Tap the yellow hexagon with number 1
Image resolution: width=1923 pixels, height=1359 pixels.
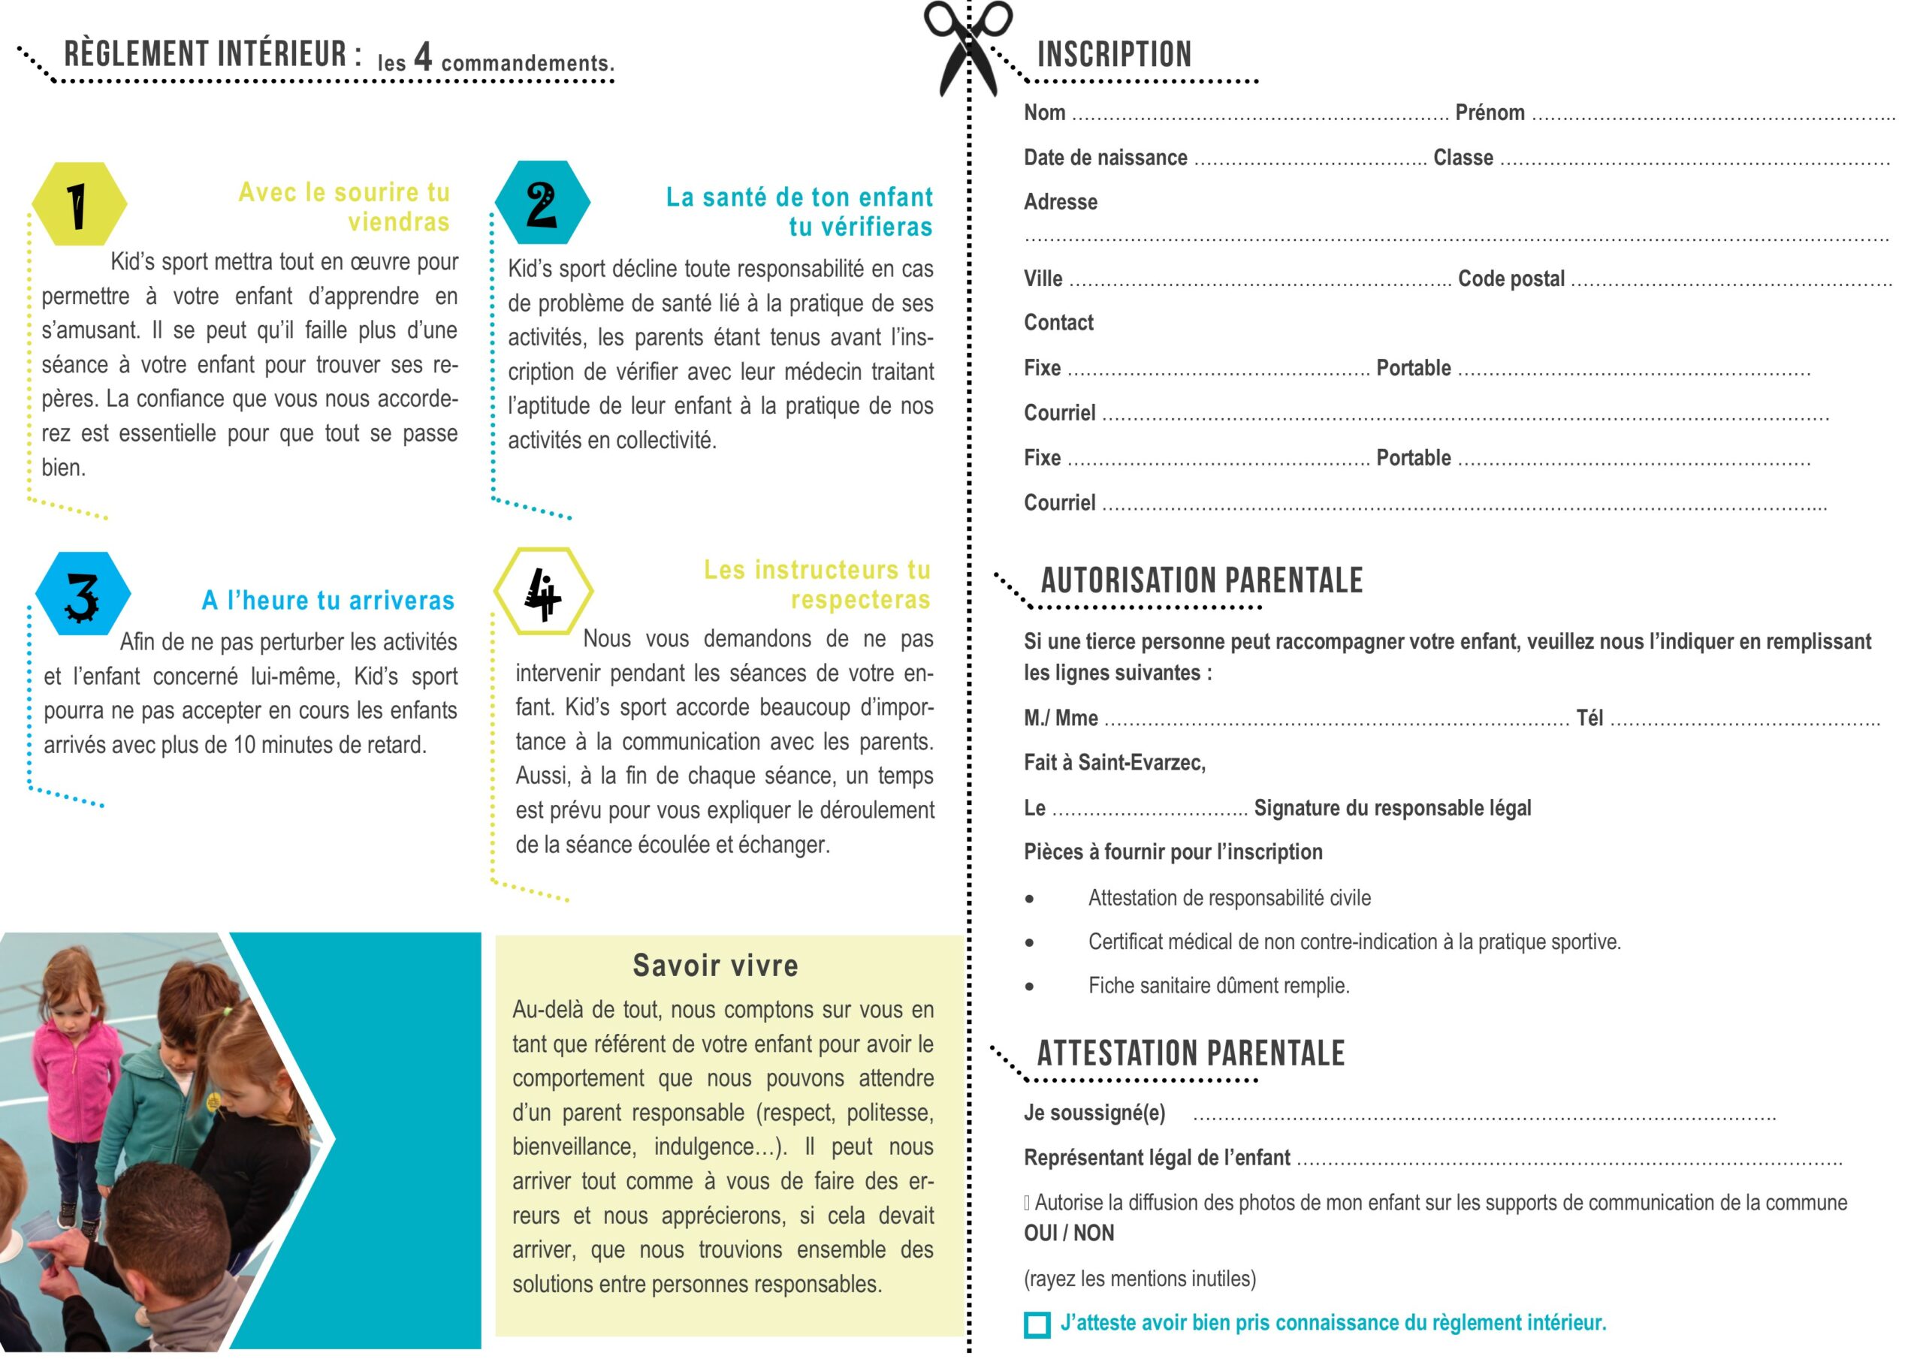click(x=79, y=204)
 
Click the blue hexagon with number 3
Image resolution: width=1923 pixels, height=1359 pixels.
click(x=83, y=595)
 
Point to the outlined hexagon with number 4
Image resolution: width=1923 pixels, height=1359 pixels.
click(x=543, y=592)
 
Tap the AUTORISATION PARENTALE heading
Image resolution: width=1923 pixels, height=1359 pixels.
click(x=1201, y=580)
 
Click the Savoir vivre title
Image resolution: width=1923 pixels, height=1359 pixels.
click(x=715, y=966)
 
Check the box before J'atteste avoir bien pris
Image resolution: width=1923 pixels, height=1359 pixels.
click(x=1037, y=1324)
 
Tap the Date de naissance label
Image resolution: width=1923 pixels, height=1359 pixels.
click(x=1105, y=158)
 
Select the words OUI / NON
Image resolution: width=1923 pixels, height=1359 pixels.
click(x=1069, y=1234)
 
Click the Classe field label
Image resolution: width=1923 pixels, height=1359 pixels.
click(x=1463, y=158)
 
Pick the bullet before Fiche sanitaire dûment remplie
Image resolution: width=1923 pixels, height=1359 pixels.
click(x=1029, y=987)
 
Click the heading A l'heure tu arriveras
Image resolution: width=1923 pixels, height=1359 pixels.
click(x=328, y=601)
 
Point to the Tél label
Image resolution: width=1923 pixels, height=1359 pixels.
click(x=1589, y=719)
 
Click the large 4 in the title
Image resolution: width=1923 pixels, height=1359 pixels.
click(x=423, y=57)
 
